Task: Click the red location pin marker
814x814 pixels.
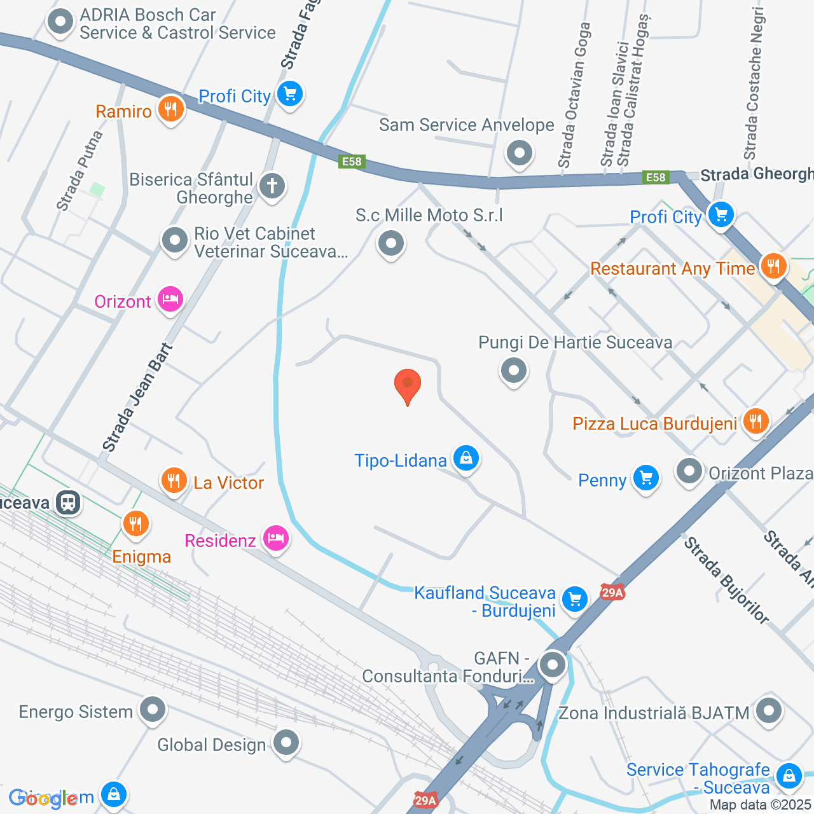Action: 408,385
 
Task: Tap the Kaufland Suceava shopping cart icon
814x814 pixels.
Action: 575,598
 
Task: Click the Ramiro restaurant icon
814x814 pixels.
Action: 170,109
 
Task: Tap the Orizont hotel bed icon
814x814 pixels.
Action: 170,298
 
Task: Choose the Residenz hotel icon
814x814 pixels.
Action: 275,538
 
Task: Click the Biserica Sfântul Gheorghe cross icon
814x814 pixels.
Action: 272,186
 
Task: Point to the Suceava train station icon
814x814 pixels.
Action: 68,502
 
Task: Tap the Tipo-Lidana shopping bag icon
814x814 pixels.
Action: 466,458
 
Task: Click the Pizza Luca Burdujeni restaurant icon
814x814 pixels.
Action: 755,420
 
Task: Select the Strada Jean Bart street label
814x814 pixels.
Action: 137,398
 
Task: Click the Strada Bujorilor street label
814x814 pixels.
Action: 726,580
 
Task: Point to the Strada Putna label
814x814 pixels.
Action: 79,170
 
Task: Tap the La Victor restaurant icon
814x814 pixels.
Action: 173,480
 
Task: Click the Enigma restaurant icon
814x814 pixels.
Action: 135,524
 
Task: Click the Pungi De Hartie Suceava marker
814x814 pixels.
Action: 513,369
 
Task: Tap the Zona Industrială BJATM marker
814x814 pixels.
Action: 769,710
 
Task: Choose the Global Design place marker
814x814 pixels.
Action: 286,742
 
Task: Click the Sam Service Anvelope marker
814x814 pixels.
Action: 520,153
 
